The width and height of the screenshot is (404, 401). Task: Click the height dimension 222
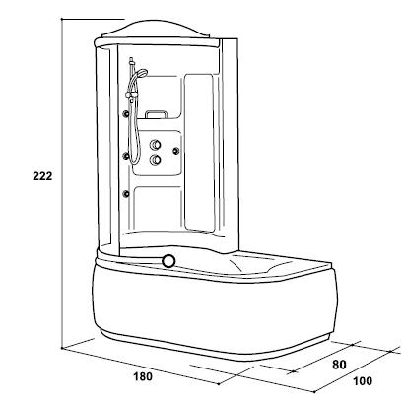(42, 176)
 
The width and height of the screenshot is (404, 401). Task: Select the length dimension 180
(143, 376)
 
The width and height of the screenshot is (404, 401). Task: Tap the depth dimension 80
(339, 365)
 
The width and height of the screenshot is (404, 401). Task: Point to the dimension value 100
(363, 381)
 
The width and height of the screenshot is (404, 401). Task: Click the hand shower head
(142, 73)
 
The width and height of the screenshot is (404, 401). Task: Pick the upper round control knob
(155, 145)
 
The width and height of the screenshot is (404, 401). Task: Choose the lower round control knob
(155, 160)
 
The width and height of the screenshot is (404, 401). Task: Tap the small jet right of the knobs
(176, 151)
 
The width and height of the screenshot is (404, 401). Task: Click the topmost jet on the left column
(126, 114)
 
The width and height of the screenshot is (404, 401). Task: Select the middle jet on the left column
(126, 155)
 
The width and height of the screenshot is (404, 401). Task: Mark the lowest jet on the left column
(126, 194)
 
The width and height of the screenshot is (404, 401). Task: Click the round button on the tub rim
(168, 261)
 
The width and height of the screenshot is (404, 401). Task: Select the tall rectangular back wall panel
(199, 152)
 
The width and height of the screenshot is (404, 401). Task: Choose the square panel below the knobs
(158, 209)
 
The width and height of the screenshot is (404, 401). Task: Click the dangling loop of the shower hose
(135, 138)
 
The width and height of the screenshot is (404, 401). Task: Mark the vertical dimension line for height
(62, 183)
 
